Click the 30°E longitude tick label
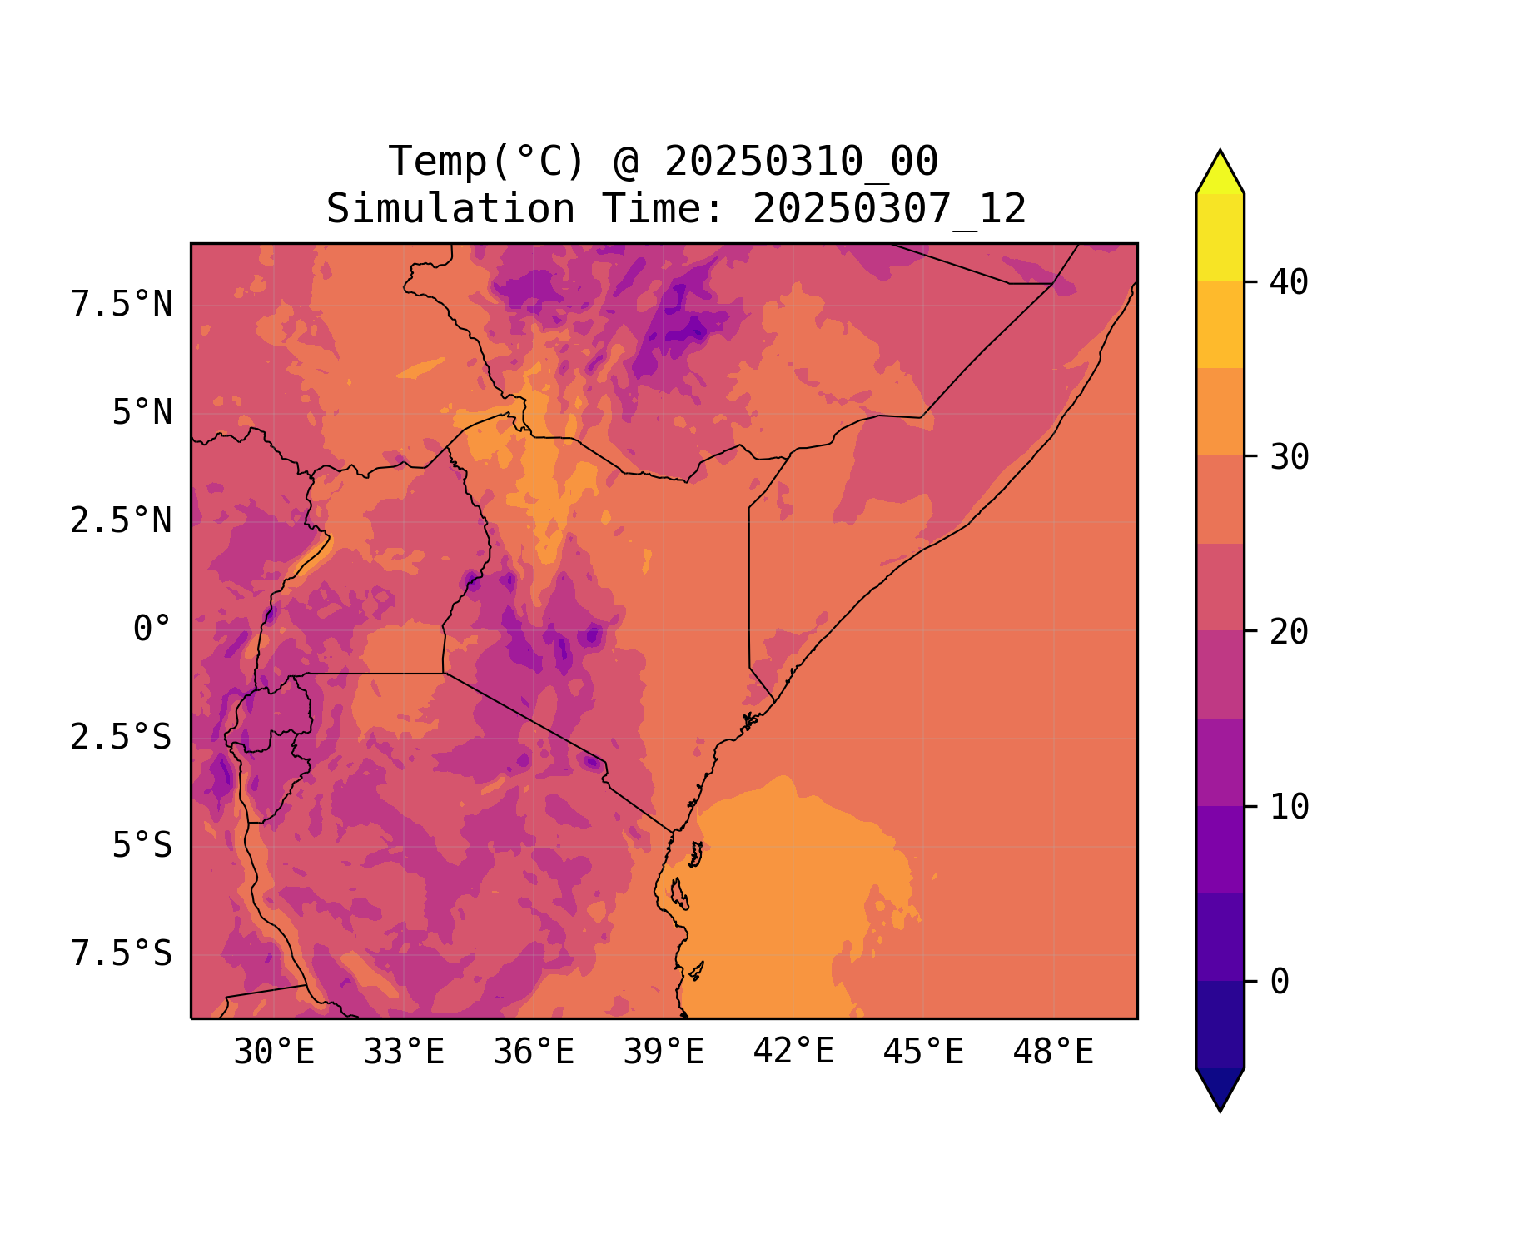coord(274,1052)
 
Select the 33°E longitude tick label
coord(404,1052)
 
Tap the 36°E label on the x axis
coord(534,1052)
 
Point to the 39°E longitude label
coord(664,1052)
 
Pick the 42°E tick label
coord(793,1052)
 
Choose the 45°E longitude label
coord(923,1052)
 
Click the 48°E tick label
coord(1053,1052)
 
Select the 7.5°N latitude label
coord(122,305)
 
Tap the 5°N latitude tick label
coord(142,413)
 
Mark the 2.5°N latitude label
coord(122,521)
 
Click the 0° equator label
coord(152,629)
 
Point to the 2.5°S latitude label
coord(122,738)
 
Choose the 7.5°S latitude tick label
coord(122,954)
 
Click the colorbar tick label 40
coord(1289,282)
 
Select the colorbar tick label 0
coord(1280,983)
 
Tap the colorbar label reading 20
coord(1289,632)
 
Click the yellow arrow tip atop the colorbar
coord(1220,171)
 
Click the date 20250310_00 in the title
coord(801,161)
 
